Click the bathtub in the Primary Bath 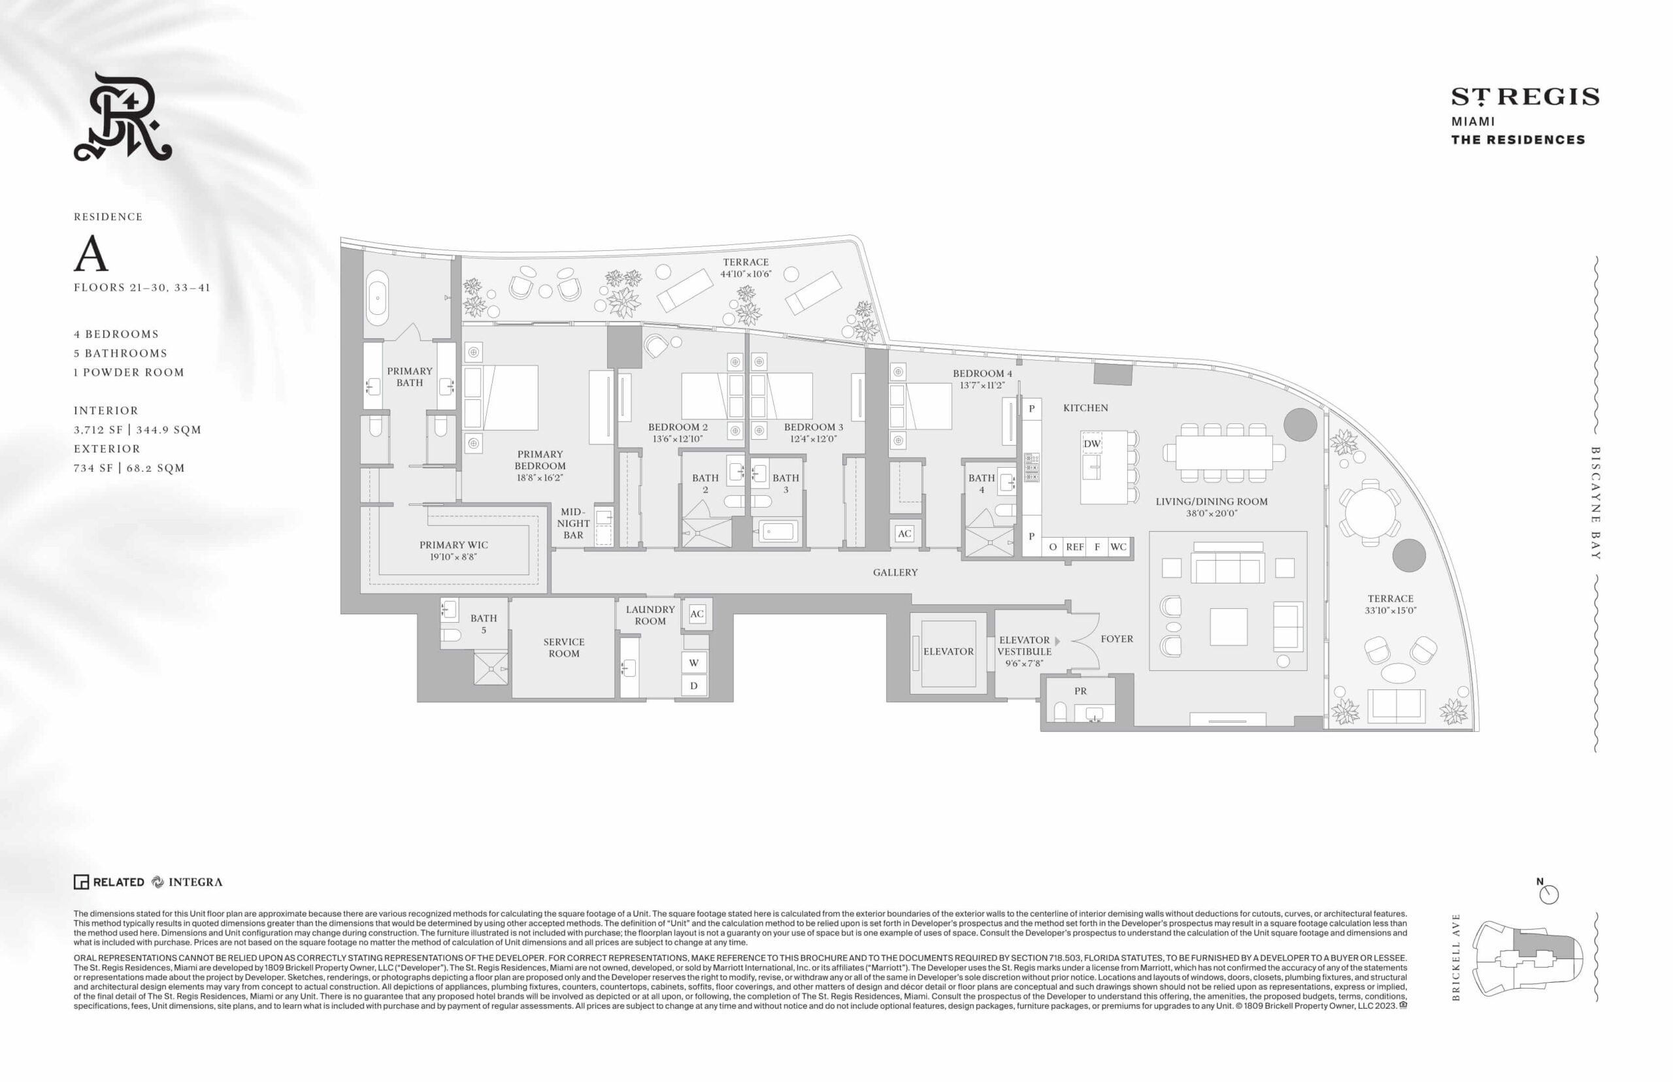[x=377, y=298]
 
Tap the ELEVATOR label [x=948, y=651]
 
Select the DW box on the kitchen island [x=1091, y=444]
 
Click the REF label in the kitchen [x=1074, y=547]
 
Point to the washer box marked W [x=693, y=663]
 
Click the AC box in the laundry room [x=697, y=614]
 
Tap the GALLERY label [x=895, y=572]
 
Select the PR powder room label [x=1080, y=691]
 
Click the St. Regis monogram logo [x=123, y=117]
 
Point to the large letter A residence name [x=91, y=254]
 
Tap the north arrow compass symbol [x=1548, y=893]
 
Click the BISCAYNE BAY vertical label [x=1596, y=503]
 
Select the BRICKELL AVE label [x=1456, y=957]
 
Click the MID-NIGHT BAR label [x=573, y=523]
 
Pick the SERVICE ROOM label [x=563, y=648]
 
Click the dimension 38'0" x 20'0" [x=1212, y=514]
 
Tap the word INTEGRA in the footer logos [x=195, y=883]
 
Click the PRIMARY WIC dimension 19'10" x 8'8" [x=453, y=557]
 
